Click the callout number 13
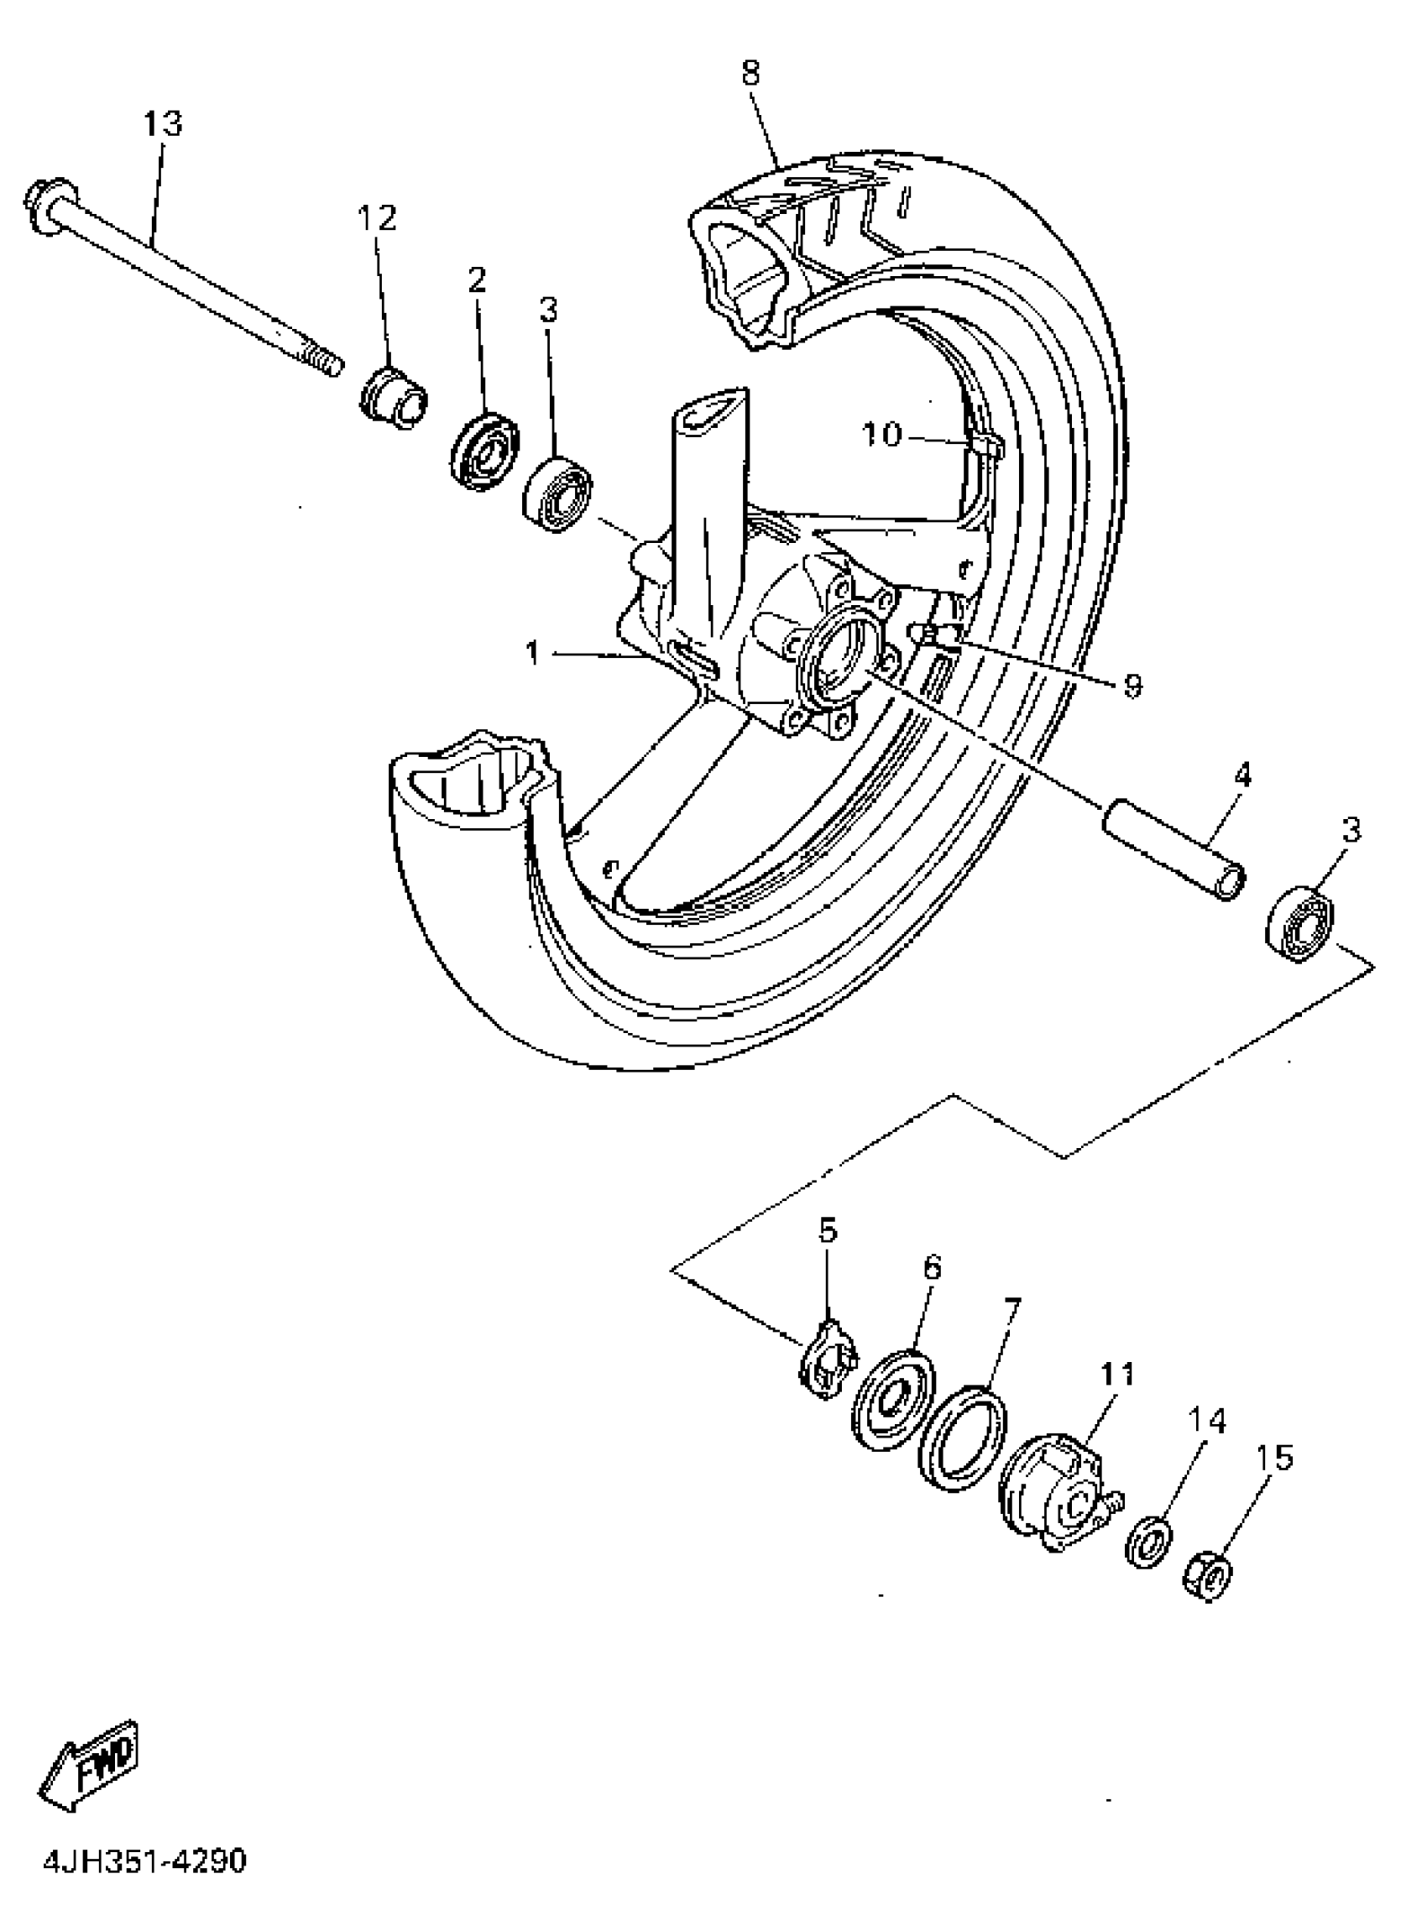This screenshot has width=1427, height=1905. pos(162,124)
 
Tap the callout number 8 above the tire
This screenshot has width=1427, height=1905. pos(751,73)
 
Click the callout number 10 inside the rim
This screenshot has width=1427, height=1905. pos(881,435)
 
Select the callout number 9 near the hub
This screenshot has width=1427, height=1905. pos(1132,686)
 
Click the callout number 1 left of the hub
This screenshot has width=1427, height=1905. pos(533,654)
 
